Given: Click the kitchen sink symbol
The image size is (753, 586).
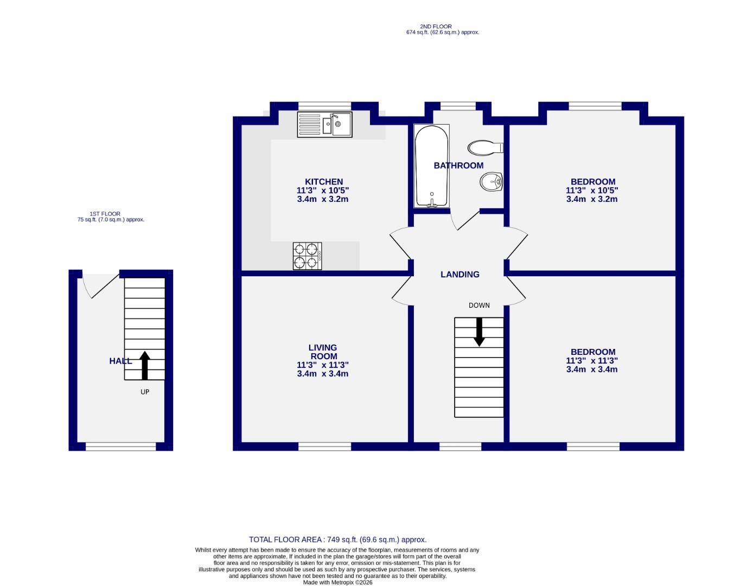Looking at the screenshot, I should (x=324, y=124).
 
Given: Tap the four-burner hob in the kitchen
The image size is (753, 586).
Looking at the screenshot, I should (x=307, y=256).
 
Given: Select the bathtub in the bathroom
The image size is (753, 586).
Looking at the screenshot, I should (x=432, y=166).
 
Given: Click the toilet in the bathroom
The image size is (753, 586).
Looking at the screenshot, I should (x=485, y=148).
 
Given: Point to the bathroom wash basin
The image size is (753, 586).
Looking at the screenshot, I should (x=491, y=182).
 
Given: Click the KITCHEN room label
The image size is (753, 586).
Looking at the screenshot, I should (x=323, y=182).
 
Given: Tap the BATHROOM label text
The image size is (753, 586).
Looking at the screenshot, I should (x=458, y=165).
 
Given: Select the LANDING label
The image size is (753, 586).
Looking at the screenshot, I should (x=460, y=275).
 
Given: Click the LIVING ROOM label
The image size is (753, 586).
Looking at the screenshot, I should (x=323, y=352).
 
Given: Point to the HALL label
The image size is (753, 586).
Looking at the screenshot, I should (x=120, y=361).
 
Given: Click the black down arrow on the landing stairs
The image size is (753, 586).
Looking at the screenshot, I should (x=479, y=332).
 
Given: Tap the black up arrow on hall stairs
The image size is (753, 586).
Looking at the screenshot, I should (x=145, y=365).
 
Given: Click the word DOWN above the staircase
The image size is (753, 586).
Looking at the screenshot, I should (x=479, y=305).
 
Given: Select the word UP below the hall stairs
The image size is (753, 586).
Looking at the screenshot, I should (x=145, y=392).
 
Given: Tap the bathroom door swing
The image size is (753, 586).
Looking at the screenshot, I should (x=464, y=220).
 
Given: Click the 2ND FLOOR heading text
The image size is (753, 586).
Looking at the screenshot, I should (x=435, y=27).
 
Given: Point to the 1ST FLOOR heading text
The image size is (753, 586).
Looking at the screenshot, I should (x=105, y=214).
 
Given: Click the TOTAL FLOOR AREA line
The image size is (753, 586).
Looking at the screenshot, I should (x=337, y=539).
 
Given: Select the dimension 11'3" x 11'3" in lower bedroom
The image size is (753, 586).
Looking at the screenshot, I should (x=592, y=361).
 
